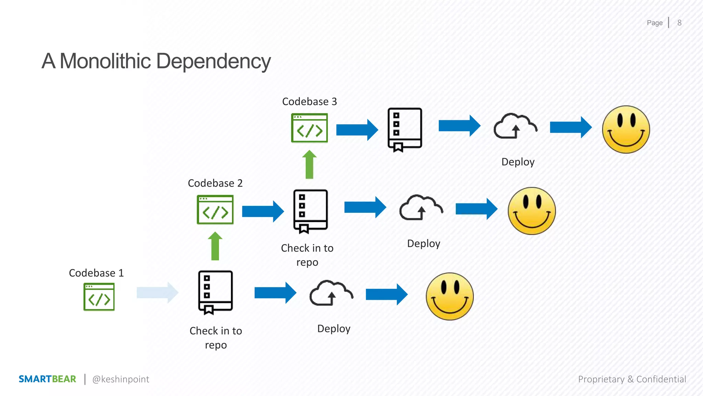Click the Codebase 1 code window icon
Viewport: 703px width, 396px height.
click(99, 297)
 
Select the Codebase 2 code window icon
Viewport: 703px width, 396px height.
click(215, 210)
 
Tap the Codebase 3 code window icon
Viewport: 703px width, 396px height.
click(309, 128)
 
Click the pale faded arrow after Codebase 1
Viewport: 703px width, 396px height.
click(157, 293)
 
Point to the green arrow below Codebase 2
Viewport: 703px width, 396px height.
click(215, 246)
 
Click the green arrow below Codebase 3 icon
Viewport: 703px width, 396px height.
click(309, 165)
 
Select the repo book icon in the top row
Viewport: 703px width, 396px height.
click(405, 130)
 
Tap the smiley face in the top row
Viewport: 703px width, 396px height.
click(626, 129)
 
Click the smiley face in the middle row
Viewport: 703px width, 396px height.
click(531, 211)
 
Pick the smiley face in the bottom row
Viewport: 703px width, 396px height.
click(449, 296)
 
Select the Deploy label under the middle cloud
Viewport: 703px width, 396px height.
click(424, 243)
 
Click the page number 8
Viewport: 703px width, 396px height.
click(679, 23)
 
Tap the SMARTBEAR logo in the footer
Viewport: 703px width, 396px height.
click(47, 379)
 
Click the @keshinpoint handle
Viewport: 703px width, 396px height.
click(120, 379)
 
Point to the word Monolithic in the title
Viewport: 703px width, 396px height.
click(105, 61)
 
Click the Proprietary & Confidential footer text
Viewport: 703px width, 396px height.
click(632, 379)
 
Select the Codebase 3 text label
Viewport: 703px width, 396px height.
click(309, 101)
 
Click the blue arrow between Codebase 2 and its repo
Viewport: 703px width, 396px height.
click(263, 211)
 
